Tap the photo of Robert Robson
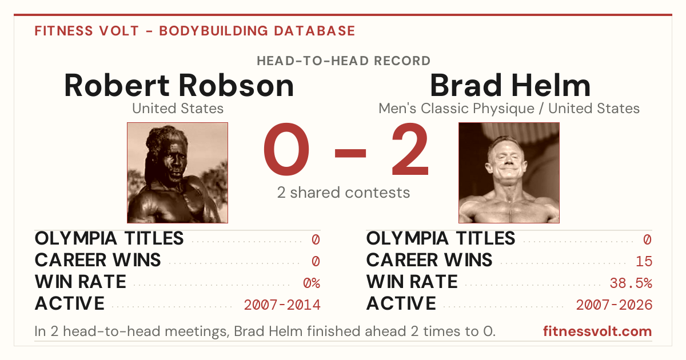point(178,173)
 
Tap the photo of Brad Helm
point(509,173)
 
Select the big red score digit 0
point(286,149)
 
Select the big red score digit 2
point(410,149)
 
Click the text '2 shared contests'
point(344,193)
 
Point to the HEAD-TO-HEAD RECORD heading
point(344,61)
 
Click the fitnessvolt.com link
point(597,331)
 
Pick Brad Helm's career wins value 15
point(644,262)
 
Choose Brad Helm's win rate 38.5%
point(631,283)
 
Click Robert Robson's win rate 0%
point(312,283)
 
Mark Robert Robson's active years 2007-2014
point(282,305)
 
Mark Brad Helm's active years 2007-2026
point(614,305)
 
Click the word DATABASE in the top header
point(314,31)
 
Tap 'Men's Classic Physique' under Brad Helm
point(457,109)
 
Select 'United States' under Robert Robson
point(178,109)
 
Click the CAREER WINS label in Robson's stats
point(98,260)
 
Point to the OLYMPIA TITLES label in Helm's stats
point(441,238)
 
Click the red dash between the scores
point(350,153)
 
